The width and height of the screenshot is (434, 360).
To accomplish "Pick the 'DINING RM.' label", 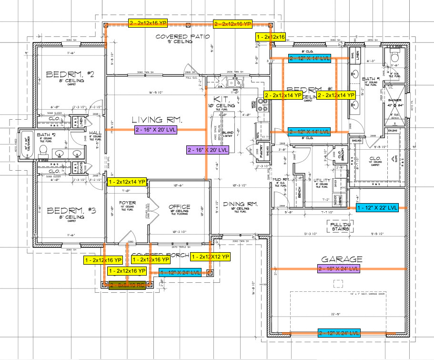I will (x=240, y=204).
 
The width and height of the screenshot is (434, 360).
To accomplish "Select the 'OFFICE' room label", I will (x=180, y=207).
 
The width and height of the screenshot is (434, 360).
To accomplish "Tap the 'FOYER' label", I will (x=127, y=203).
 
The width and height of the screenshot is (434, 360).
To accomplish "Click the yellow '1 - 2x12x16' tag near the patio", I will (x=271, y=37).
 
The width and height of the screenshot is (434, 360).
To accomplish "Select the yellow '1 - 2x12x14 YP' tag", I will (x=127, y=182).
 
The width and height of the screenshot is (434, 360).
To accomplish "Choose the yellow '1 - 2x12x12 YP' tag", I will (x=211, y=257).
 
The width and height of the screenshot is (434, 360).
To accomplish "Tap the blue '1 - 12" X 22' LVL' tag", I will (x=377, y=208).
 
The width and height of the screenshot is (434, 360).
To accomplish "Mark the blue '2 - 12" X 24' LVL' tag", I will (x=339, y=332).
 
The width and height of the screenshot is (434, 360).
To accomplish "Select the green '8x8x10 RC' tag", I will (x=127, y=285).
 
